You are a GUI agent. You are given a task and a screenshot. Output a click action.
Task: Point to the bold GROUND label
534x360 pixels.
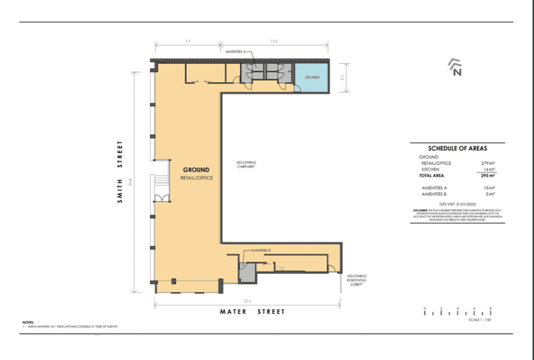196,170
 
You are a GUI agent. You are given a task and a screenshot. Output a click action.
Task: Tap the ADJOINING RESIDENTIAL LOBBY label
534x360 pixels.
357,280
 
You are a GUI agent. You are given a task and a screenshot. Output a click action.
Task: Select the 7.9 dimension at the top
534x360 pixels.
184,42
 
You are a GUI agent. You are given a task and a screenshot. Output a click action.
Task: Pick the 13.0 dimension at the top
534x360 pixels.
274,42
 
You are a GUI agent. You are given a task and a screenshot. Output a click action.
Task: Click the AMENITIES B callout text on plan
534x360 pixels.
260,248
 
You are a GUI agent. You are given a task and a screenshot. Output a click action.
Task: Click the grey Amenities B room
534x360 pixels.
246,271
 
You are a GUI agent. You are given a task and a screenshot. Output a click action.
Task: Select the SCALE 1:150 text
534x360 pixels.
478,320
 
